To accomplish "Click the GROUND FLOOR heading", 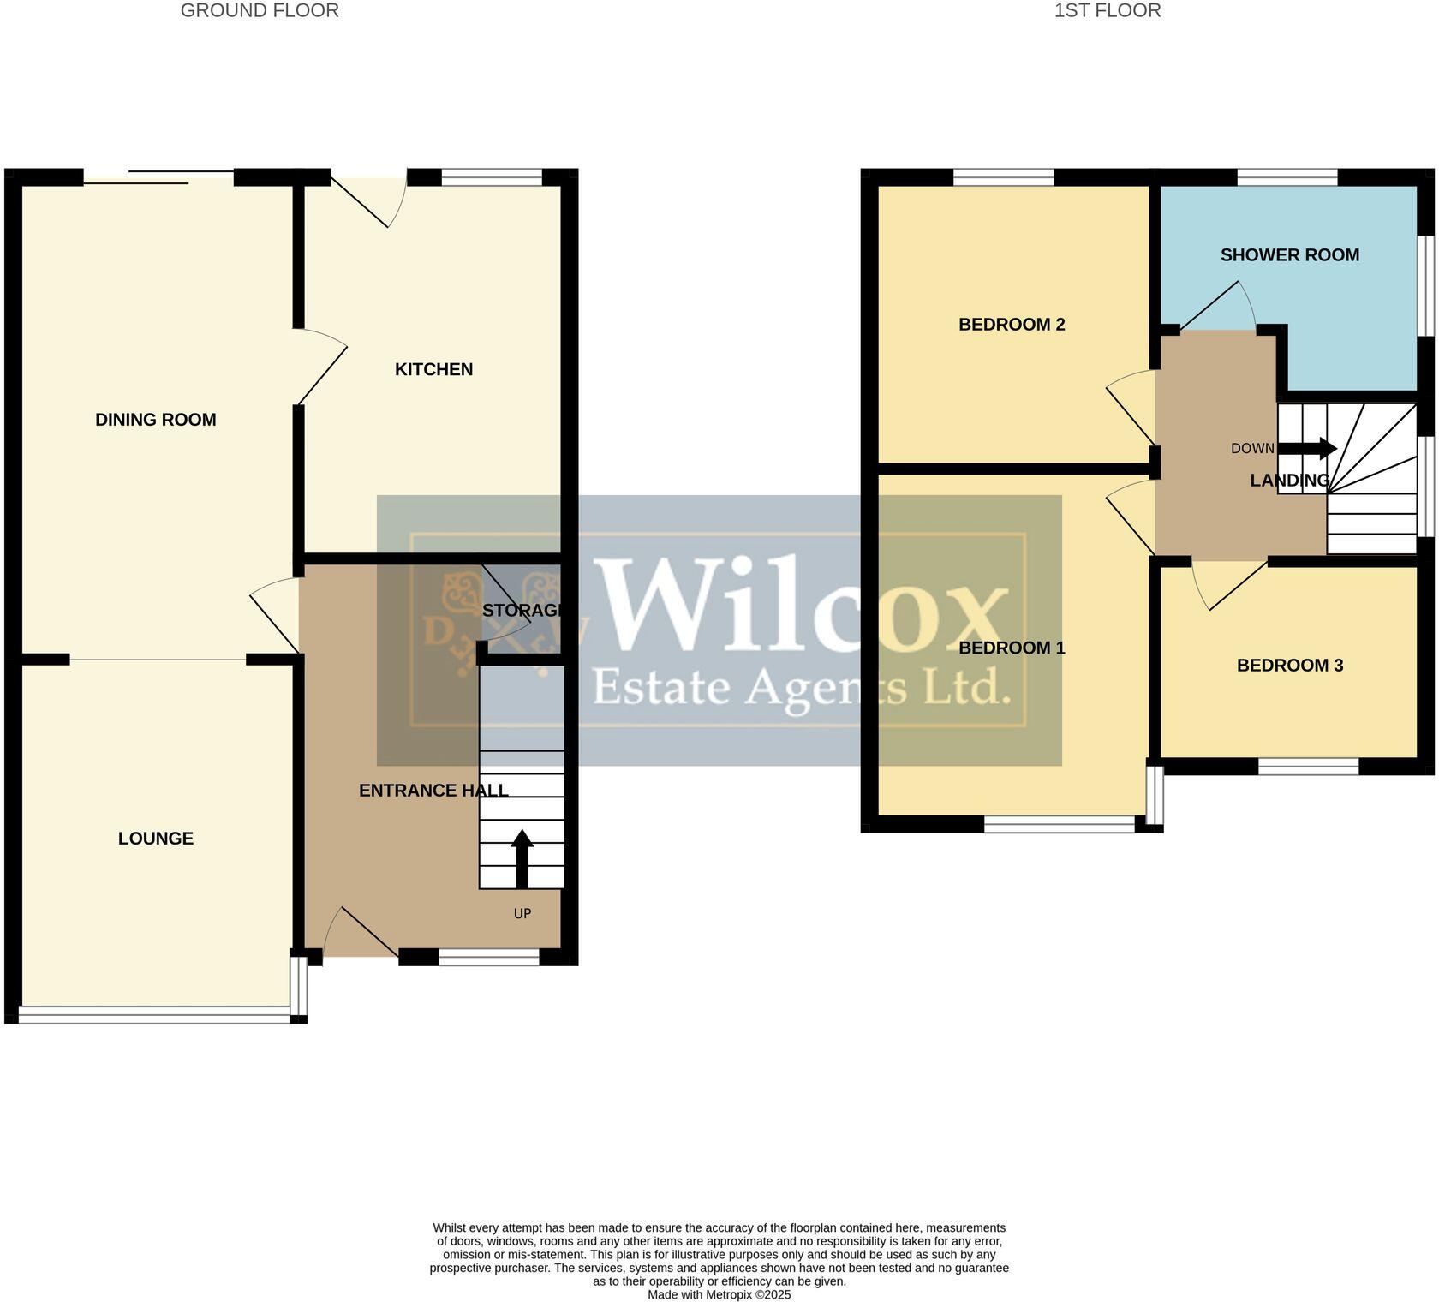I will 260,11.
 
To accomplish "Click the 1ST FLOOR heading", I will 1107,11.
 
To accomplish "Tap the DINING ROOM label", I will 155,420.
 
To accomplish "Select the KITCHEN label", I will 433,369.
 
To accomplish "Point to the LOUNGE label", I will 155,839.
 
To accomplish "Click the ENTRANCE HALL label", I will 433,791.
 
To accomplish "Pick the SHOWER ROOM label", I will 1289,255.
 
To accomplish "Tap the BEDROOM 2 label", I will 1012,325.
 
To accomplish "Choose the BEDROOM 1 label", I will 1012,648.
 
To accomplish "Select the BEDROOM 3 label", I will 1289,666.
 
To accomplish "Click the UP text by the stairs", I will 522,914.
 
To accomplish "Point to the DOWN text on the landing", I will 1252,449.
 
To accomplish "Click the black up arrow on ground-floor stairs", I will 522,857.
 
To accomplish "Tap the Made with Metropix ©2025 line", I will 719,1295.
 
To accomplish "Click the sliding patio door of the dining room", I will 159,179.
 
